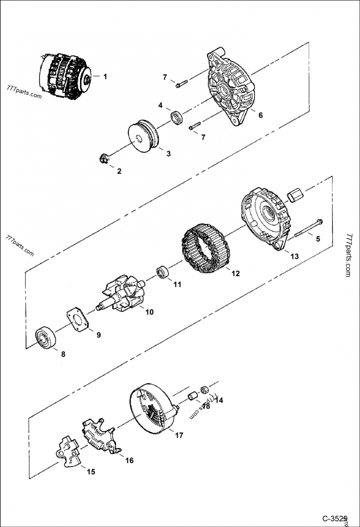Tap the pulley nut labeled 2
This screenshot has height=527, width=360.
click(103, 158)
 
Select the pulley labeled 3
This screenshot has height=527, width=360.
click(143, 136)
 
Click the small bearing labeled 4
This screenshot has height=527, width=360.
click(177, 118)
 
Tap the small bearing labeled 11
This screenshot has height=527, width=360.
click(162, 272)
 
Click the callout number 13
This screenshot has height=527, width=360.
click(294, 256)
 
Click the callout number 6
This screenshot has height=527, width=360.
click(260, 115)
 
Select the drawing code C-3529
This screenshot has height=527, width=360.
click(335, 518)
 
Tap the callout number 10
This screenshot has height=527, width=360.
click(149, 312)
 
